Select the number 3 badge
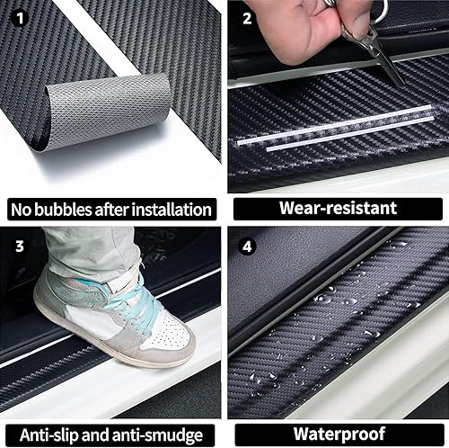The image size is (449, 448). pos(19,244)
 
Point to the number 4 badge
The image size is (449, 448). pos(248,244)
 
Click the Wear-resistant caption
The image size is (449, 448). pos(338,208)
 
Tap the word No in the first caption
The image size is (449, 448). pos(22,211)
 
